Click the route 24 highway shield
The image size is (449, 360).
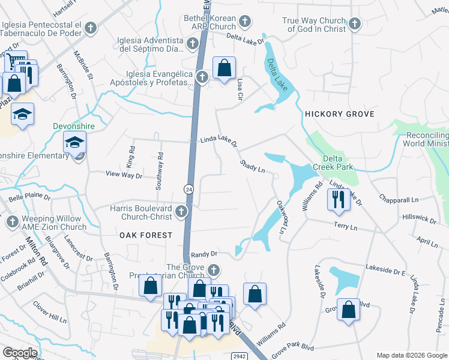point(188,189)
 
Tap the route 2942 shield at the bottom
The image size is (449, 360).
point(238,356)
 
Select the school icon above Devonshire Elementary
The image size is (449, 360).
point(76,143)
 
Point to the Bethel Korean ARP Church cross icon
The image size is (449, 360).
point(244,22)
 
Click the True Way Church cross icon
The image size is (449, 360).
point(354,24)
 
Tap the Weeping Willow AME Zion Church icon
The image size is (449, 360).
point(11,223)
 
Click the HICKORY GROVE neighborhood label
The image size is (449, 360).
point(339,114)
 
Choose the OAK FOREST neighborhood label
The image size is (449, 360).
point(145,235)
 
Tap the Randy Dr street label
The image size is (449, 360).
point(204,254)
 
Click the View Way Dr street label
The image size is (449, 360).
point(124,176)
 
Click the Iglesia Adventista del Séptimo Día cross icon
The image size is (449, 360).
point(193,43)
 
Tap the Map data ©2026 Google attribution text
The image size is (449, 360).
point(412,355)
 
